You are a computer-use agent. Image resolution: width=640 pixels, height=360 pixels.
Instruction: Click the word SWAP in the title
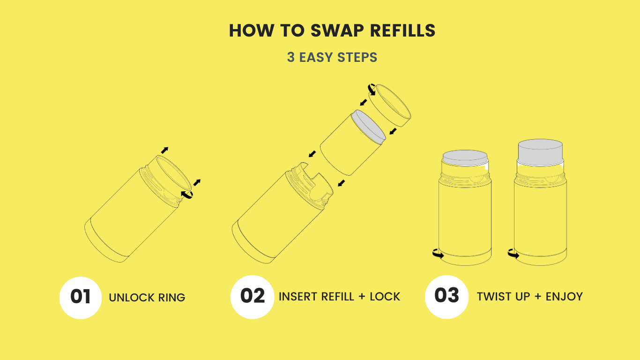337,30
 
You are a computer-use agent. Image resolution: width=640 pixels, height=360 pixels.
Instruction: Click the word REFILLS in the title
403,30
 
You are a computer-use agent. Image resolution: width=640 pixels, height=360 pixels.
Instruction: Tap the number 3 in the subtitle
290,57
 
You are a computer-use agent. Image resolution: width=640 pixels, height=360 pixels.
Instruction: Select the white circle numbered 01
81,298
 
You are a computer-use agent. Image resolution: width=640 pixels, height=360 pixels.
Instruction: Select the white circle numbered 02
252,297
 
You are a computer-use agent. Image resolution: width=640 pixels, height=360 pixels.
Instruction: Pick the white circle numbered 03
447,297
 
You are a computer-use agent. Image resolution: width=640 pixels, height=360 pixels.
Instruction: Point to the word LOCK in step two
385,297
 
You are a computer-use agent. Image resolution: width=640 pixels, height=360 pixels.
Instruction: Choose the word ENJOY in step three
564,297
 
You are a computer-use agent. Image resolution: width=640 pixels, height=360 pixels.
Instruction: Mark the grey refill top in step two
369,127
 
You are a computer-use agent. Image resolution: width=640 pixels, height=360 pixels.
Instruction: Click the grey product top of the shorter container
465,158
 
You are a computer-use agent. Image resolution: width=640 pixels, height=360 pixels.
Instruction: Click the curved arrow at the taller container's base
513,254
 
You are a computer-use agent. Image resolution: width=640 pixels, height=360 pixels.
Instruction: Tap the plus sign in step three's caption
538,297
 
